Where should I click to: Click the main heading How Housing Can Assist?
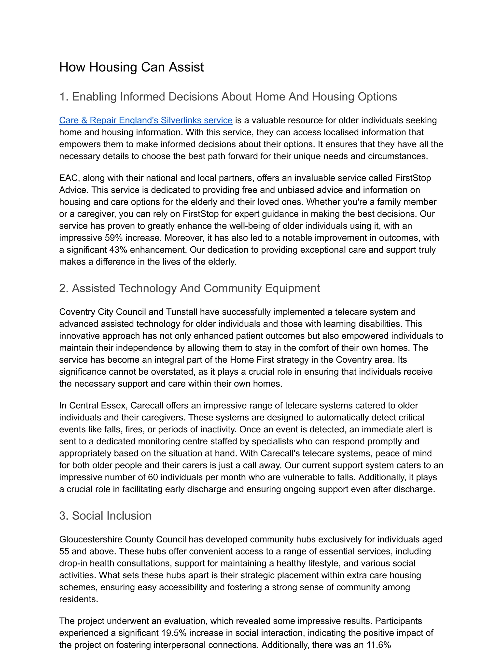131,67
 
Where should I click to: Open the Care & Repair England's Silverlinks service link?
146,120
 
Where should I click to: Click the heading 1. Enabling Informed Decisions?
228,97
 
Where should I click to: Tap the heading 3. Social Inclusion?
105,516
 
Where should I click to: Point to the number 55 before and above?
64,552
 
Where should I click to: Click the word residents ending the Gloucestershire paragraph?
78,599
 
